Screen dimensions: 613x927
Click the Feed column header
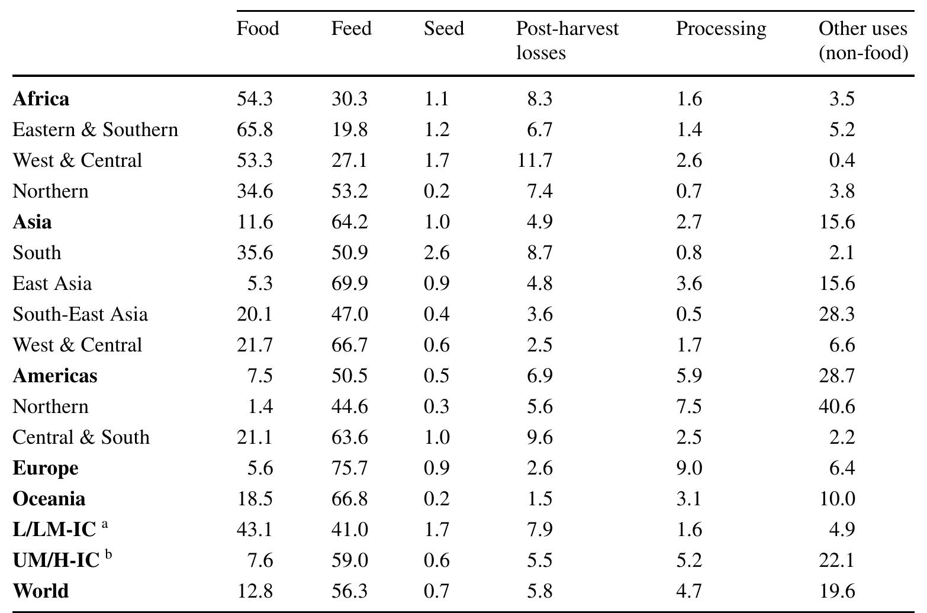pos(351,28)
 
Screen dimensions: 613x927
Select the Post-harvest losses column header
pos(566,40)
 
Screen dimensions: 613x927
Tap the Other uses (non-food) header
pos(863,40)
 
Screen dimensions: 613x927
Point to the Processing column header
pos(720,28)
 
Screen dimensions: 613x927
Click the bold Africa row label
pos(41,98)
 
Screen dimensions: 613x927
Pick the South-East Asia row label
pos(80,314)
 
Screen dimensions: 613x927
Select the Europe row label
pos(46,467)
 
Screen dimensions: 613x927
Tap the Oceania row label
pos(49,498)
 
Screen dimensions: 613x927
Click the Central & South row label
pos(81,437)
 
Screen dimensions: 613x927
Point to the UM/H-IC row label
pos(56,560)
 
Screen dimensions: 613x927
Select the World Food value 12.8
pos(255,591)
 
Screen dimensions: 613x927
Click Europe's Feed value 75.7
pos(349,467)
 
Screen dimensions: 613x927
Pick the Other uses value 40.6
pos(836,406)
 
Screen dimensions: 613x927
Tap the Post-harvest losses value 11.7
pos(535,160)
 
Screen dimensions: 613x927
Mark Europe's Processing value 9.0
pos(689,467)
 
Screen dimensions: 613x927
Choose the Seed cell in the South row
pos(436,252)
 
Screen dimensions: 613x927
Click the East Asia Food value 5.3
pos(261,283)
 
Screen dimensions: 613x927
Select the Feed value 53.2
pos(349,191)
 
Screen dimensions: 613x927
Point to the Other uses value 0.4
pos(842,160)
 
